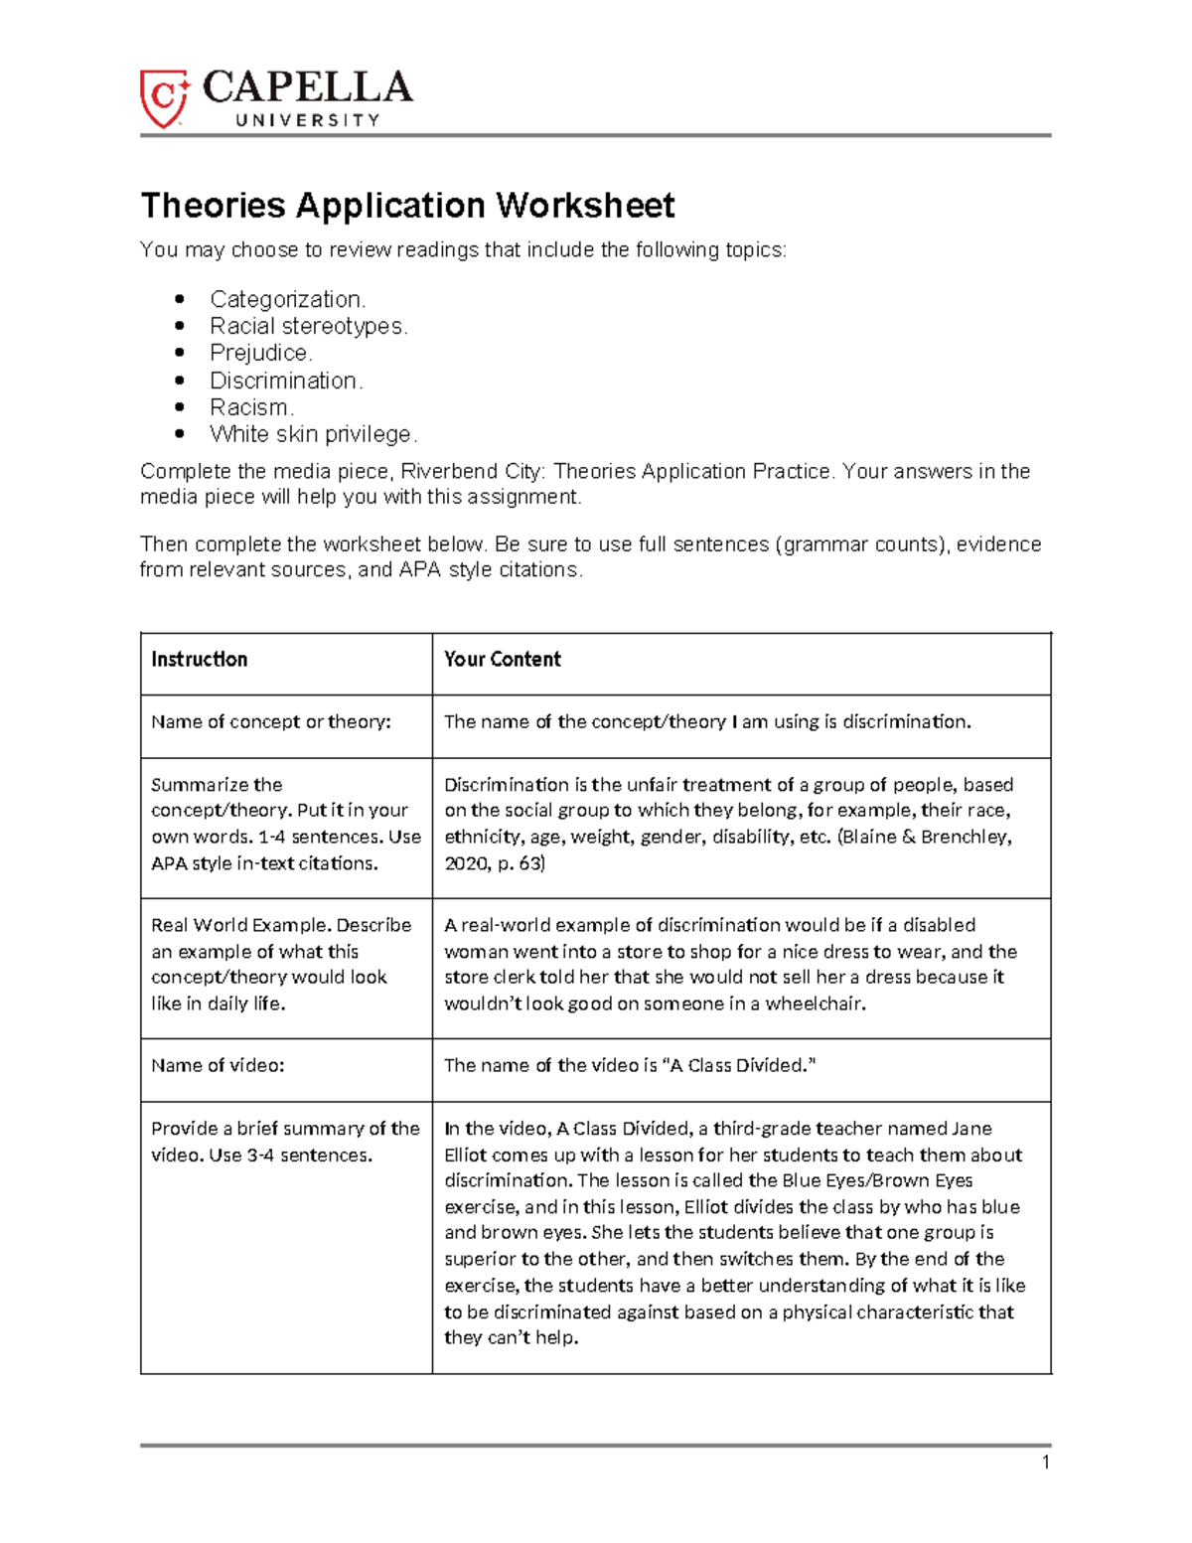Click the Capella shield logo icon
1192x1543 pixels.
pyautogui.click(x=164, y=97)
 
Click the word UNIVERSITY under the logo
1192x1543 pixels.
pyautogui.click(x=308, y=120)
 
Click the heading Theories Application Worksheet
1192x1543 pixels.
pyautogui.click(x=407, y=206)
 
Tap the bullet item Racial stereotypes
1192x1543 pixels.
pyautogui.click(x=308, y=326)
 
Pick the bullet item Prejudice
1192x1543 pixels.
pyautogui.click(x=260, y=353)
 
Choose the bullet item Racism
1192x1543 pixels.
pyautogui.click(x=251, y=407)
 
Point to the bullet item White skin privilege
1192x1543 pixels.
pyautogui.click(x=313, y=434)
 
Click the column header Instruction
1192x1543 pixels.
pyautogui.click(x=199, y=660)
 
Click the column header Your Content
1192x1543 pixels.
pyautogui.click(x=502, y=660)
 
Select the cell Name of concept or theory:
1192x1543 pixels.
pyautogui.click(x=270, y=722)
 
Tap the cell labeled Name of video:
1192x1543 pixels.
pyautogui.click(x=218, y=1065)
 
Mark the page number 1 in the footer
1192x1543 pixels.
pyautogui.click(x=1045, y=1462)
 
